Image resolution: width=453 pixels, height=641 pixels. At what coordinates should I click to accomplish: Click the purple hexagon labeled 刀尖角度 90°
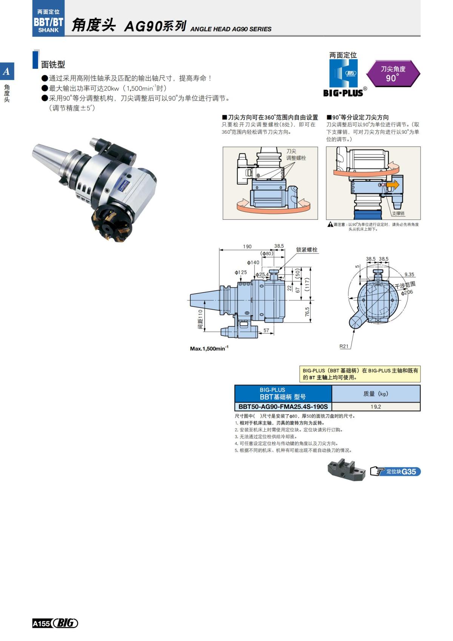tap(393, 73)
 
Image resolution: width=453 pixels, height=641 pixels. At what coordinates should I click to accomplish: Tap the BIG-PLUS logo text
tap(343, 93)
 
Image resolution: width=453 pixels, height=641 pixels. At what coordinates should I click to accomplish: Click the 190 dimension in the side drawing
tap(247, 246)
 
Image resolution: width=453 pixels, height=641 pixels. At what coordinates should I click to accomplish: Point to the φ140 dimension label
tap(253, 262)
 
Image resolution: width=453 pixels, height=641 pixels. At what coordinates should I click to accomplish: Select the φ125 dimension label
tap(240, 272)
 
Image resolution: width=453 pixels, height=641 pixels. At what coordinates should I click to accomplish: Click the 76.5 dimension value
tap(307, 312)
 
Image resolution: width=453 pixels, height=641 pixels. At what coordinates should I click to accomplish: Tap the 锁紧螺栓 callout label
tap(307, 250)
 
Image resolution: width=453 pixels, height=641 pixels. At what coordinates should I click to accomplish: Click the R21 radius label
tap(344, 346)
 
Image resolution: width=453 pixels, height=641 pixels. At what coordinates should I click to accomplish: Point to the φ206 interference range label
tap(407, 292)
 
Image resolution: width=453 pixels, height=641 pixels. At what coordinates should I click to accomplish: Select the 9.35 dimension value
tap(409, 274)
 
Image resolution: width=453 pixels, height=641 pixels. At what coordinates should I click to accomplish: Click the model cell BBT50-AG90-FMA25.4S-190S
tap(283, 407)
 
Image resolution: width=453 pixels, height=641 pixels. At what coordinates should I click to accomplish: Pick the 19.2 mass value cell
tap(376, 407)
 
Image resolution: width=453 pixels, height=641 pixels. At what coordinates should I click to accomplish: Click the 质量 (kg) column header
tap(376, 394)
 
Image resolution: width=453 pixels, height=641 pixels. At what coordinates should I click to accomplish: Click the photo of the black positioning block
tap(346, 470)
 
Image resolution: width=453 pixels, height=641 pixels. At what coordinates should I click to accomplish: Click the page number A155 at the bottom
tap(41, 623)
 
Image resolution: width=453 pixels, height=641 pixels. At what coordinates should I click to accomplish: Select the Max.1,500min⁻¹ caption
tap(209, 348)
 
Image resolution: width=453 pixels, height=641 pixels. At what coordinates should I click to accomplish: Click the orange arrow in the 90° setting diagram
tap(393, 184)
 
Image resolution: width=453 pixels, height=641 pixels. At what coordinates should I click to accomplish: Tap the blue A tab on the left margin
tap(7, 71)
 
